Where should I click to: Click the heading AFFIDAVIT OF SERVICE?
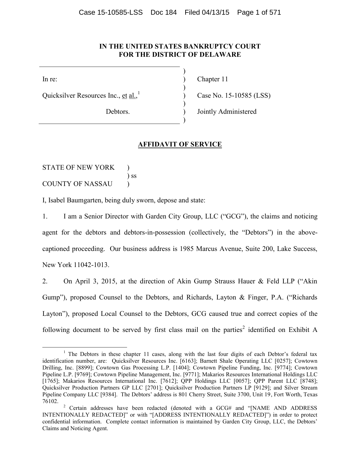(x=180, y=145)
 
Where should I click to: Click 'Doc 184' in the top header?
(x=163, y=12)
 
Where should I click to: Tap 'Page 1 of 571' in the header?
(x=259, y=12)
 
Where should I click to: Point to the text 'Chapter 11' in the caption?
(x=212, y=79)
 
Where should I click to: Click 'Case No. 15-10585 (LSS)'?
(x=234, y=96)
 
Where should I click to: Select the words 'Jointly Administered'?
(x=227, y=112)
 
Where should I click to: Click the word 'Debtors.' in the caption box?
(x=118, y=112)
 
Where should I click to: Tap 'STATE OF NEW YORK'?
(x=78, y=168)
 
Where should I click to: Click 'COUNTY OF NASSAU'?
(x=77, y=184)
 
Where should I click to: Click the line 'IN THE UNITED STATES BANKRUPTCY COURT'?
(x=180, y=47)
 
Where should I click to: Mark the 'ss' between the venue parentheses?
(x=134, y=176)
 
